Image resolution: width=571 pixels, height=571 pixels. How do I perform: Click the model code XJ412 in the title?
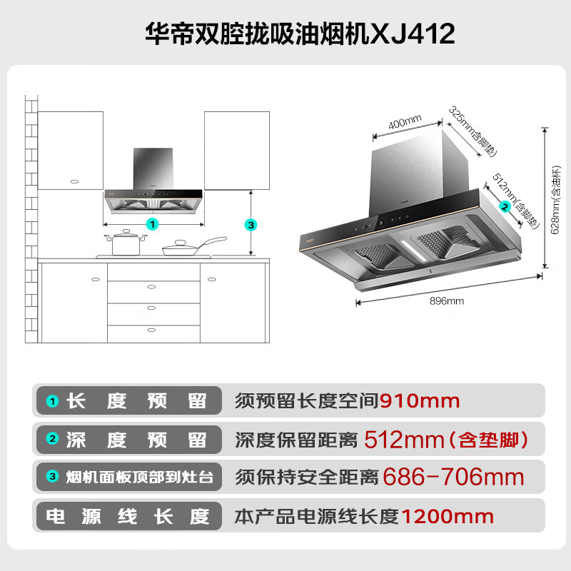coord(413,34)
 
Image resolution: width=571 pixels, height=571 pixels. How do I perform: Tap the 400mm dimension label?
coord(405,121)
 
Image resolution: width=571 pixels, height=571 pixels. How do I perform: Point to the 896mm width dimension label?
coord(447,300)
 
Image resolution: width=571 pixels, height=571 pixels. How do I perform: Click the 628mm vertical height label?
coord(555,200)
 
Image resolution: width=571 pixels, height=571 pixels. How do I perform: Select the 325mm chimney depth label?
coord(473,131)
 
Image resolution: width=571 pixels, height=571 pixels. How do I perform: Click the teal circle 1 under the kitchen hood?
coord(152,224)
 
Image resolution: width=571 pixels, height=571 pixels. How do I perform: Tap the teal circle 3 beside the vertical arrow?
coord(251,225)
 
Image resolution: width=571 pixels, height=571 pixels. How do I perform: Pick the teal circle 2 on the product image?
coord(505,207)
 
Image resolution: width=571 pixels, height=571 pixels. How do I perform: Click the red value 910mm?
coord(420,401)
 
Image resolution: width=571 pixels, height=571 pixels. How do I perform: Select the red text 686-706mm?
coord(453,477)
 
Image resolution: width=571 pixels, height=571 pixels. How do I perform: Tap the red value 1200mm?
coord(448,516)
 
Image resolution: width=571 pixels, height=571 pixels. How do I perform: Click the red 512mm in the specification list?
coord(404,440)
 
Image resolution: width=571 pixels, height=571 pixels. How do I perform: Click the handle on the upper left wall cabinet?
coord(74,181)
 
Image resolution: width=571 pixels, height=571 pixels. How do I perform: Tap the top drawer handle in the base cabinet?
coord(151,287)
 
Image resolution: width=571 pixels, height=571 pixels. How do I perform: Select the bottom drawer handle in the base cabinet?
coord(151,330)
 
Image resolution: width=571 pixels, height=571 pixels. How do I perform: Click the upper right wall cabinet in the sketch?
coord(237,151)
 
